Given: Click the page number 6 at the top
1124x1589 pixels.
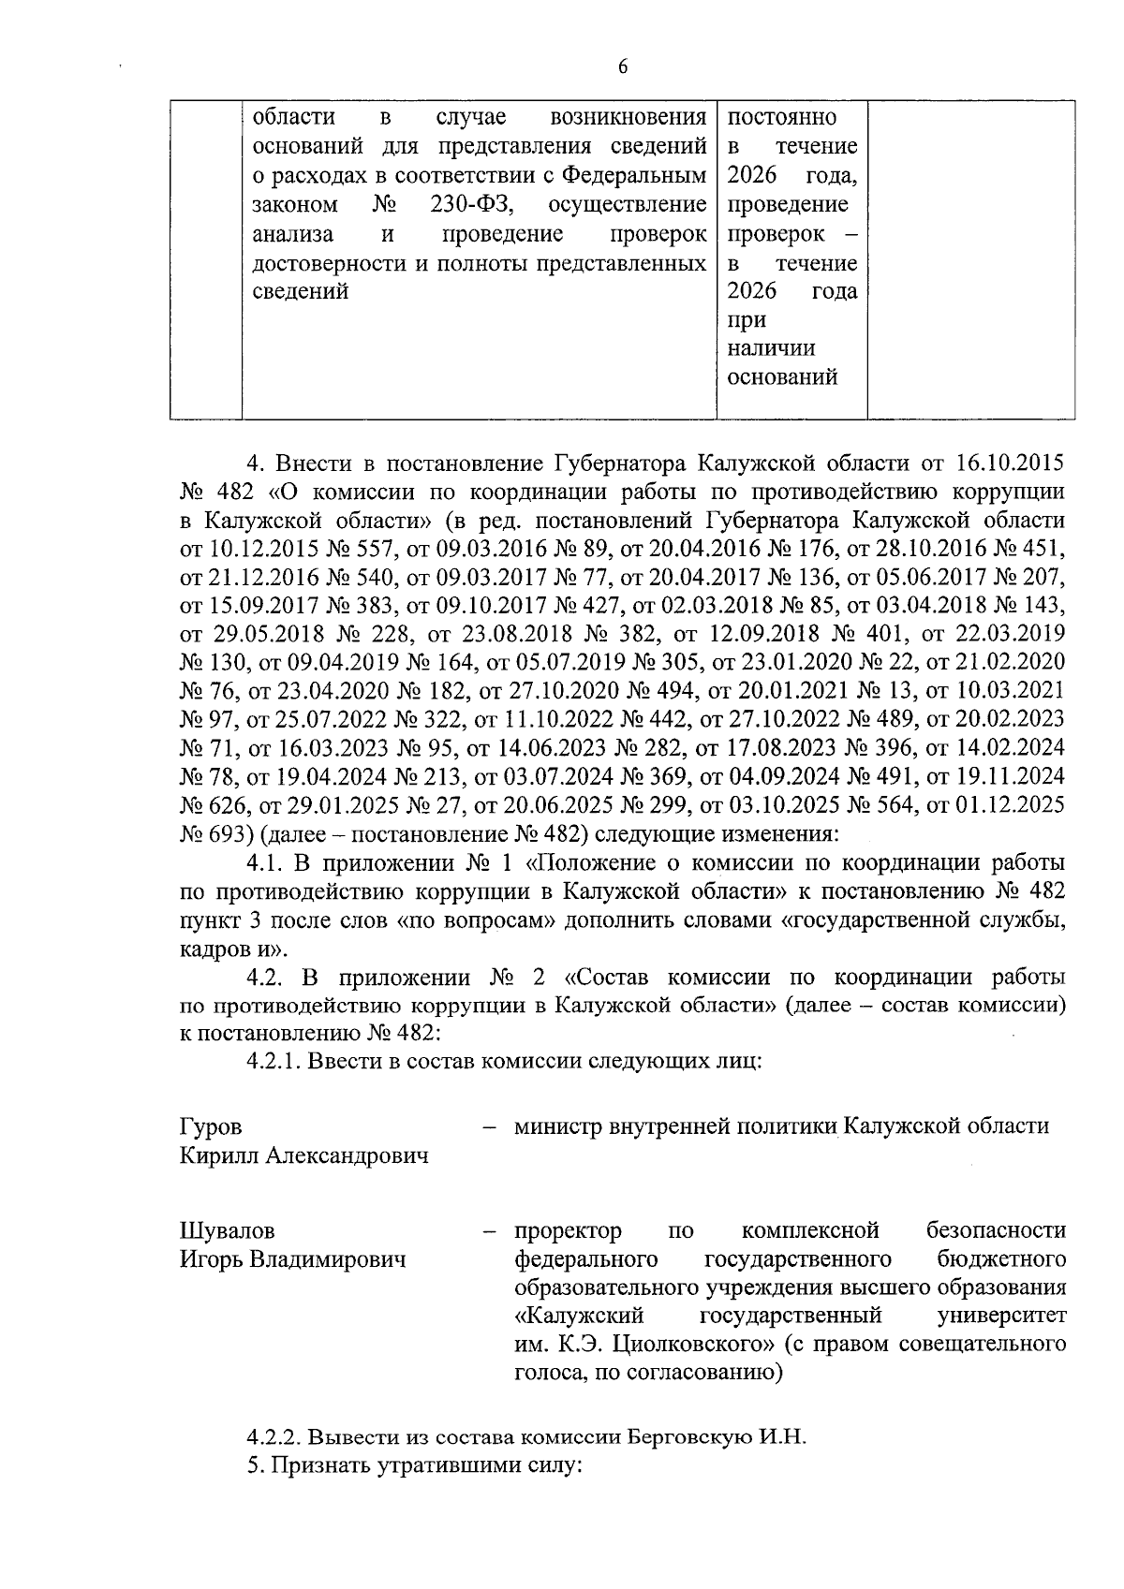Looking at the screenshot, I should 622,66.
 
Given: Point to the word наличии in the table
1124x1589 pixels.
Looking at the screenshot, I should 771,348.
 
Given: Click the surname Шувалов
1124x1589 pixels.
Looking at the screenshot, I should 228,1230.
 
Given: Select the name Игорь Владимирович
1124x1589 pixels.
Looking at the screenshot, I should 293,1259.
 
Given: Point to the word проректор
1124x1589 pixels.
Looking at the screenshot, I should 568,1230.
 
